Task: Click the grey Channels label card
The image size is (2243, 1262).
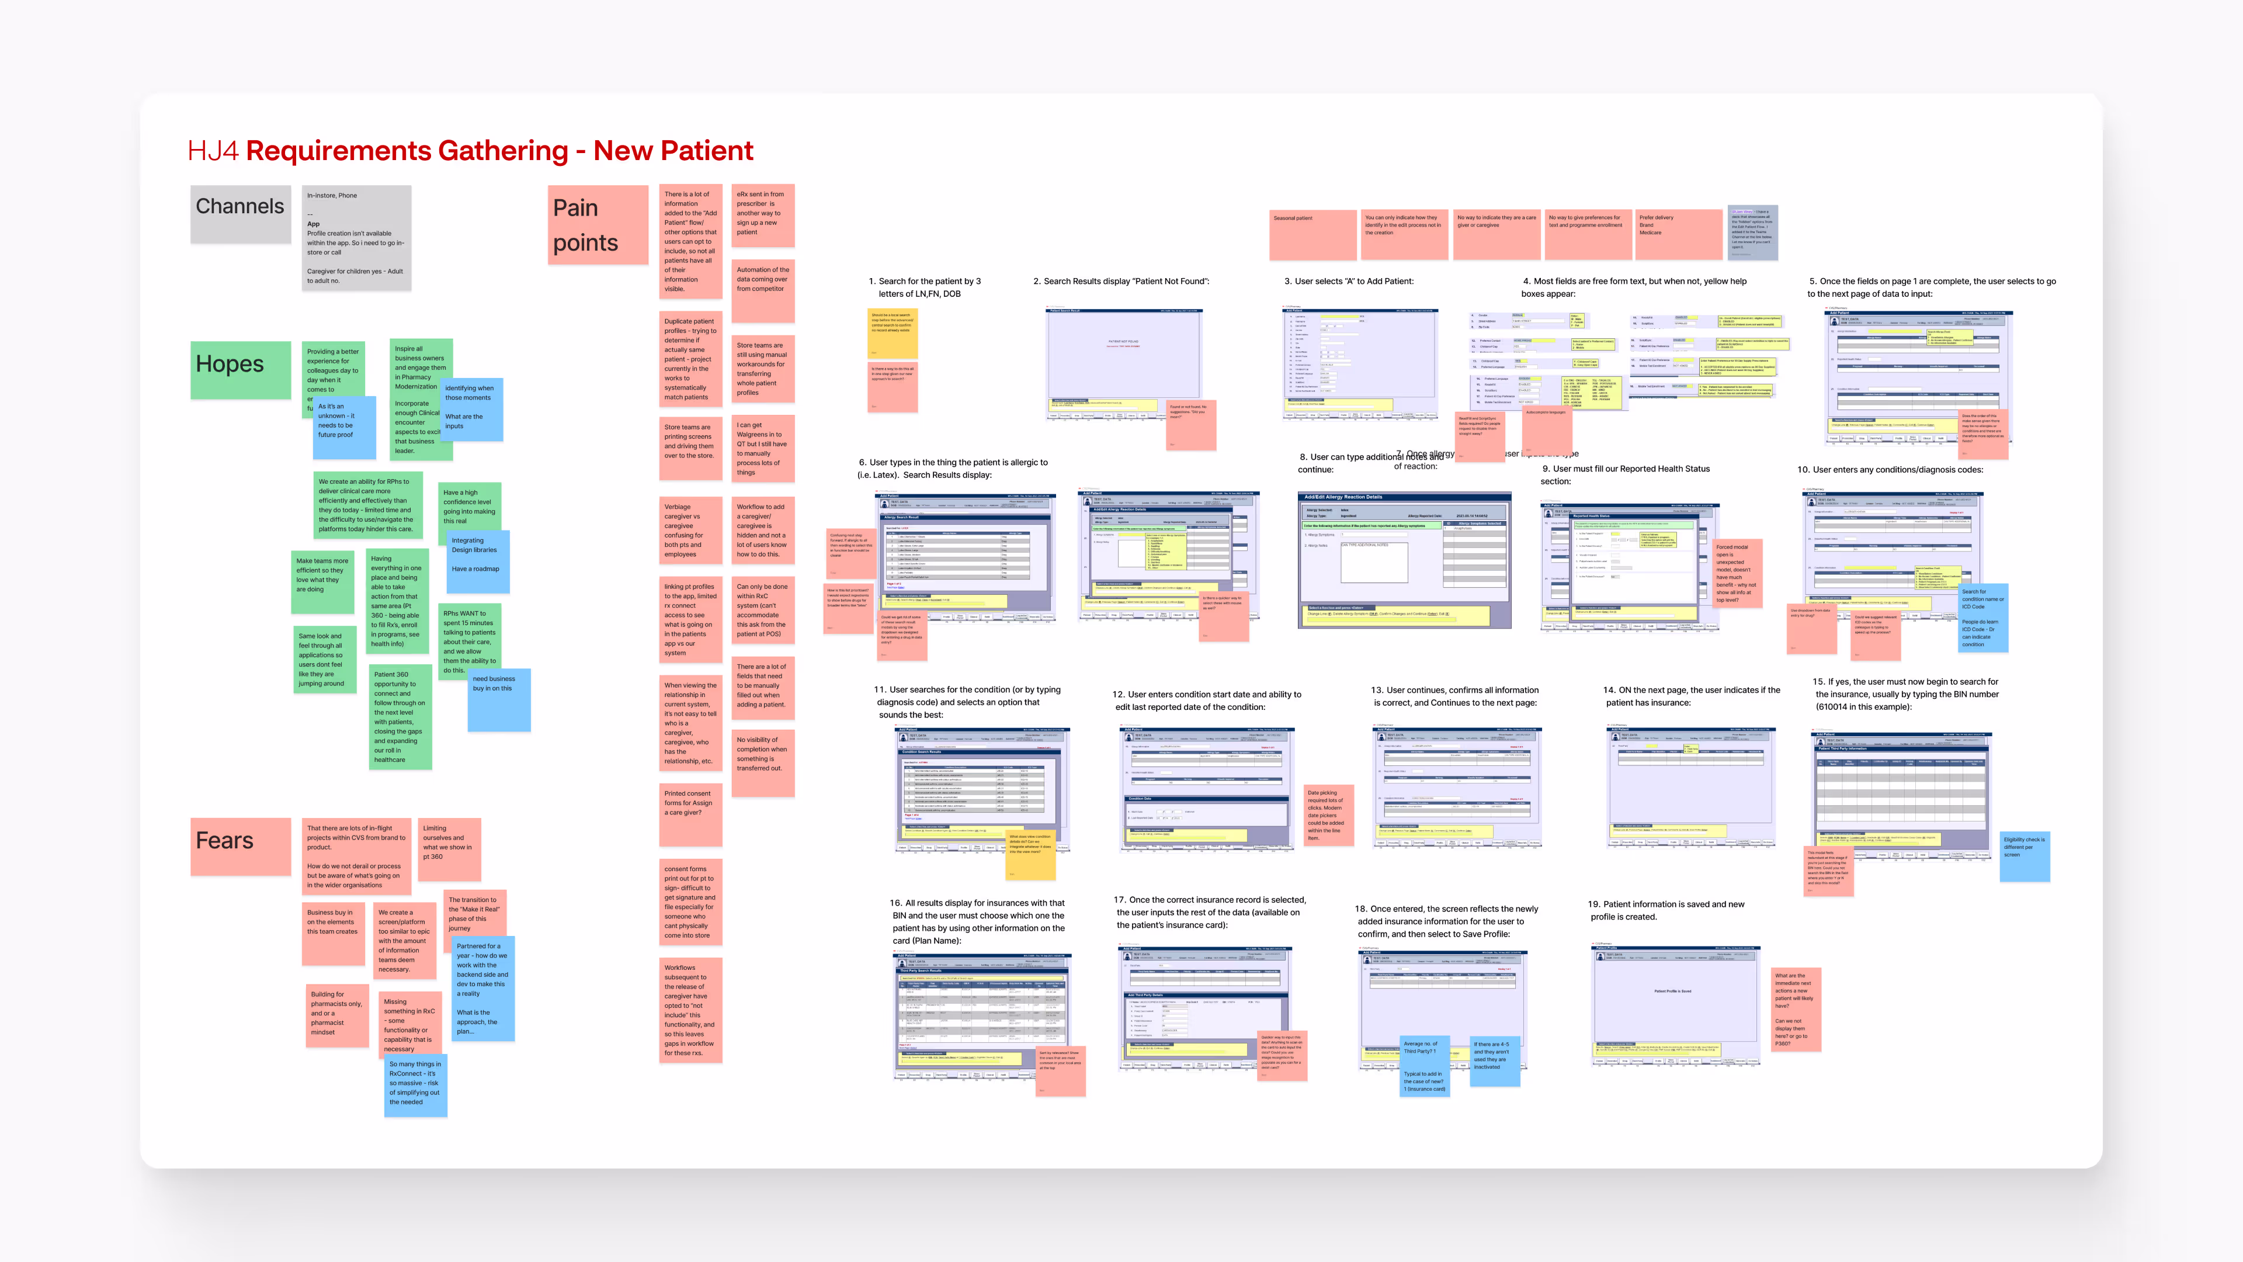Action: (x=240, y=214)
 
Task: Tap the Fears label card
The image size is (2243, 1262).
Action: (x=240, y=845)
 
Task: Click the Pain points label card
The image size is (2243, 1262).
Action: (x=598, y=225)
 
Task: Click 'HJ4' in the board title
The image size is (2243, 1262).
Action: (x=213, y=151)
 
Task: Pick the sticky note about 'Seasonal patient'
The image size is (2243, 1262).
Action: (x=1313, y=234)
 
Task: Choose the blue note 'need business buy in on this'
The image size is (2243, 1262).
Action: (x=498, y=699)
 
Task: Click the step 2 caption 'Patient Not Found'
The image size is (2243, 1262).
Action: (x=1121, y=281)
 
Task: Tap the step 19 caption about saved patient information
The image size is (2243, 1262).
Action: (x=1666, y=910)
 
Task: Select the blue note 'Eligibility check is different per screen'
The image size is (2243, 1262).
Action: (x=2025, y=856)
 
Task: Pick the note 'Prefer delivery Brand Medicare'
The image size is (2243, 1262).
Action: (x=1677, y=234)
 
